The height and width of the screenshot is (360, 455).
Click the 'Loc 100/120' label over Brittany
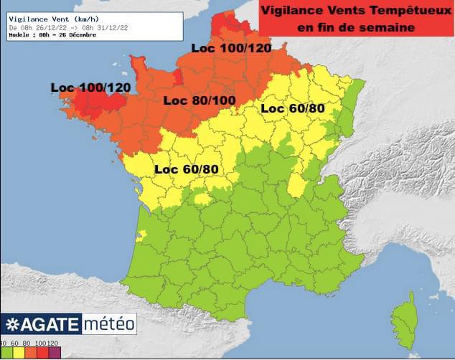[90, 87]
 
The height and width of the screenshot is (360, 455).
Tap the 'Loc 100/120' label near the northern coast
[230, 48]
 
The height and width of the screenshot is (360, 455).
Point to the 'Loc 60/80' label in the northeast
[293, 108]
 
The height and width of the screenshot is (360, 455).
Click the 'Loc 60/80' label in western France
[187, 169]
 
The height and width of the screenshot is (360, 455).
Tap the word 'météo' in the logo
[109, 324]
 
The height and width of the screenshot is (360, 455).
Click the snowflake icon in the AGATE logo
[12, 325]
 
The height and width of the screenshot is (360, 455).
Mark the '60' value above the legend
[16, 344]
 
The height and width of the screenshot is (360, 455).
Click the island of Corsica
[407, 322]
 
